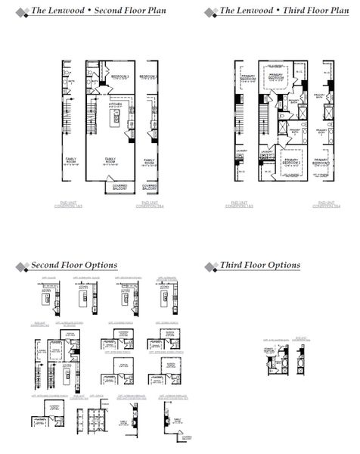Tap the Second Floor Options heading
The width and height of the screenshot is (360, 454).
(73, 265)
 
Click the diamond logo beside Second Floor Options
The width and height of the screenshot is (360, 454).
(20, 266)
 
